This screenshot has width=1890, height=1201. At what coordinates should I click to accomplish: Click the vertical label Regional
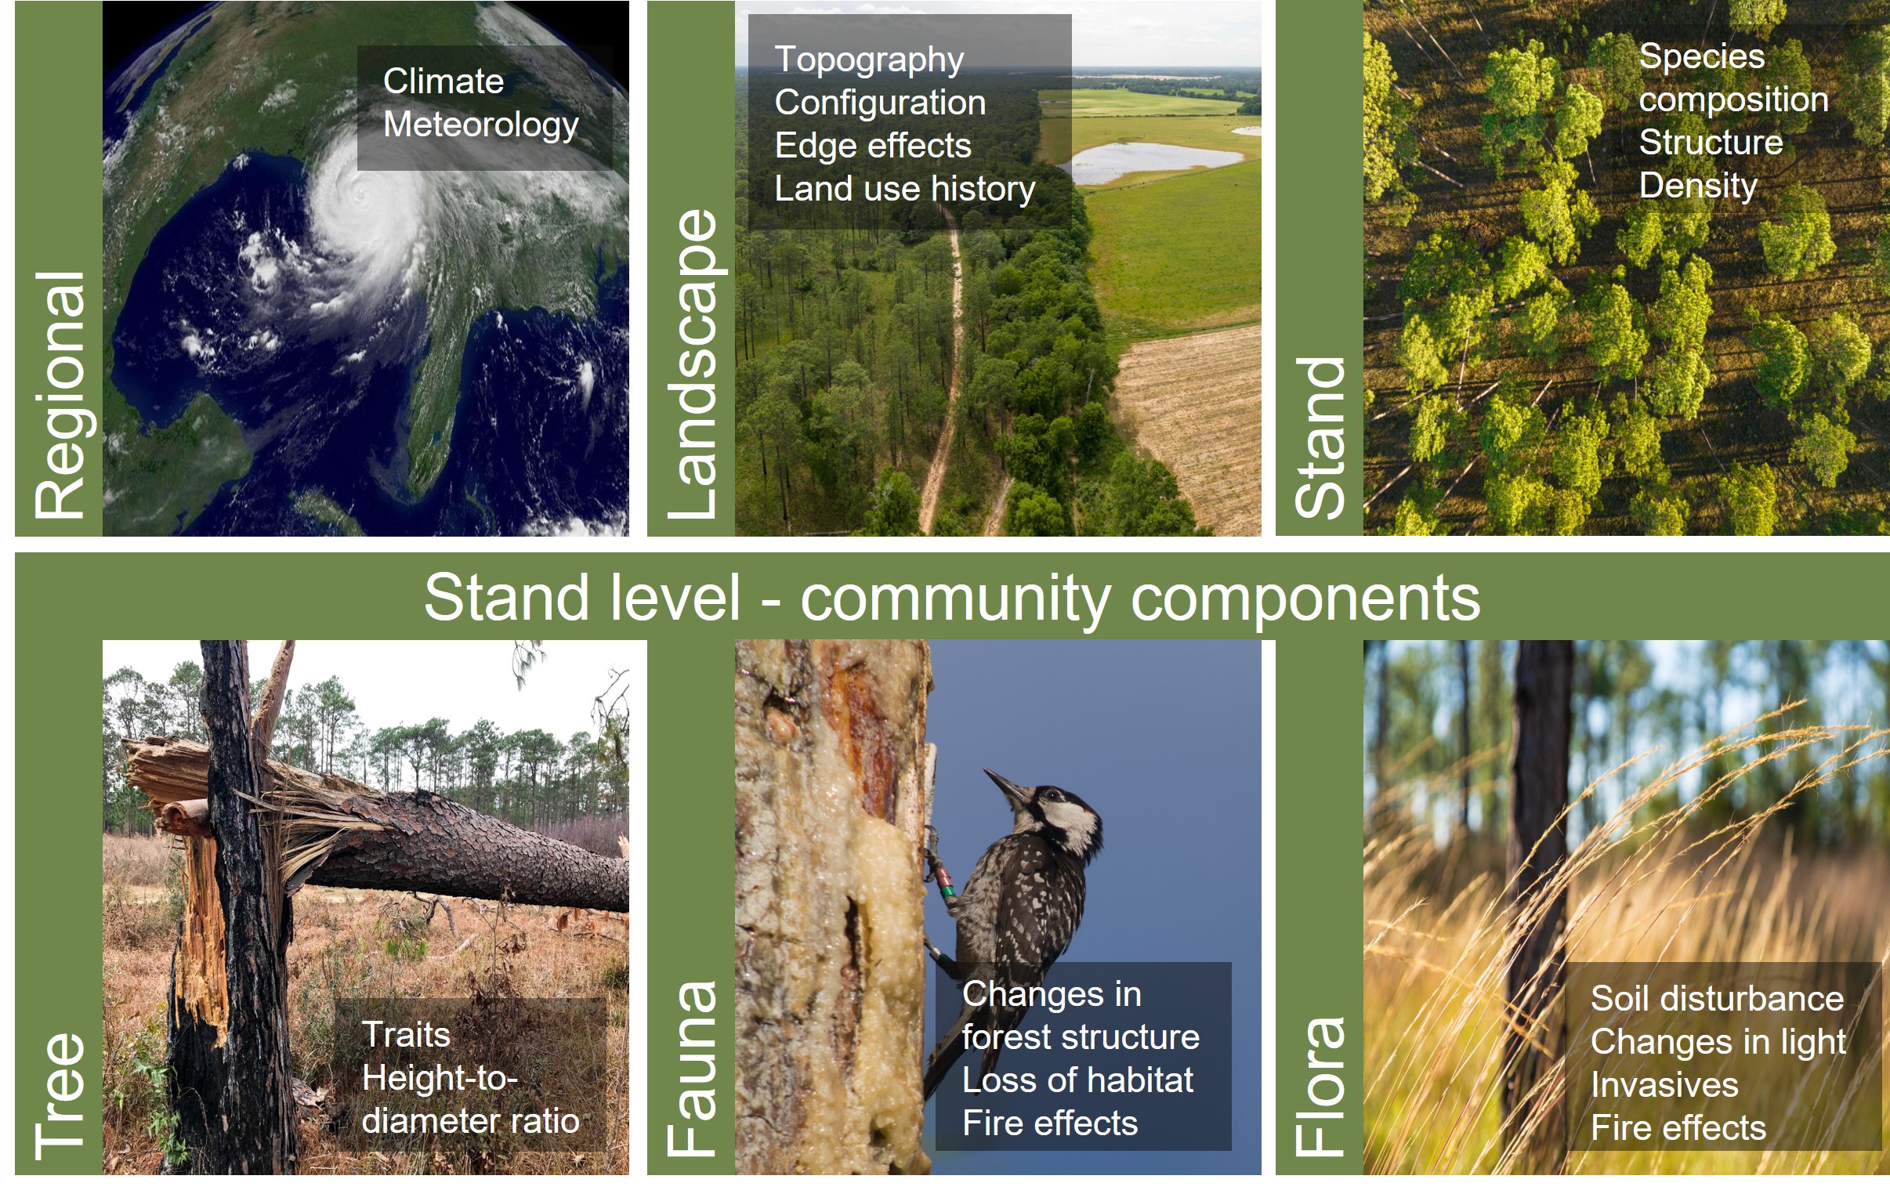(60, 395)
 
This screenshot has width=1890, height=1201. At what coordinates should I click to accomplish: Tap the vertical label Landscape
(693, 364)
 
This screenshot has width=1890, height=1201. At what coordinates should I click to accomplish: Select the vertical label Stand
(1320, 438)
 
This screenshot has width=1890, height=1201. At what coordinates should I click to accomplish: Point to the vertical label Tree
(60, 1096)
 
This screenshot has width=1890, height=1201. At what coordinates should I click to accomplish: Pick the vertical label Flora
(1320, 1087)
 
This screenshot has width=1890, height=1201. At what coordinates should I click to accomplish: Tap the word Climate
(444, 81)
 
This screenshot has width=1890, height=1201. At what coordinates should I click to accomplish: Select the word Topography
(869, 61)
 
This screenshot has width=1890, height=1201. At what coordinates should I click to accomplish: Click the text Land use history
(905, 190)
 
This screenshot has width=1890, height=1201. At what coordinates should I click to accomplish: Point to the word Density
(1698, 186)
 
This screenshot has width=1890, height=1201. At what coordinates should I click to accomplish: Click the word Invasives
(1665, 1086)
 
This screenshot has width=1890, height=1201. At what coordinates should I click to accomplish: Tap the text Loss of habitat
(1077, 1081)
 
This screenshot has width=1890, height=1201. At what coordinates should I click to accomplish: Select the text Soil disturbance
(1718, 999)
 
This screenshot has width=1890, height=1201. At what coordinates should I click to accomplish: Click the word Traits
(406, 1035)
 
